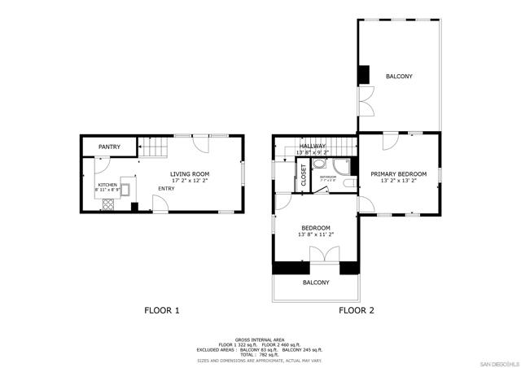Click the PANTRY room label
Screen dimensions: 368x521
(109, 147)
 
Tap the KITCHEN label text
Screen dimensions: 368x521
(107, 185)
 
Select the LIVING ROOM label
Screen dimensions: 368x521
(190, 173)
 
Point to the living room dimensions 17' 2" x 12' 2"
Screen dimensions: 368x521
(190, 181)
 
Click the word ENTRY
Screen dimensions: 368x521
(166, 189)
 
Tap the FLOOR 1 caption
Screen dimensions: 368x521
(161, 310)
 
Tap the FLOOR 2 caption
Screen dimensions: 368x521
(357, 310)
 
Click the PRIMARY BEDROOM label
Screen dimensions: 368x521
(399, 173)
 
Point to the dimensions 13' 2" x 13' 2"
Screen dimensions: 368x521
(399, 182)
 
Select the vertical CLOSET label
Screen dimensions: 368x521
(304, 176)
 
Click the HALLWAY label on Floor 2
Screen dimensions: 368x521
(313, 146)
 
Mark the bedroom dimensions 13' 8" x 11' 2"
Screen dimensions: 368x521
(316, 234)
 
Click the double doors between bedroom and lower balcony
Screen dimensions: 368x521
(317, 254)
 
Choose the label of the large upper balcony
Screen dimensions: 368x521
(399, 77)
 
